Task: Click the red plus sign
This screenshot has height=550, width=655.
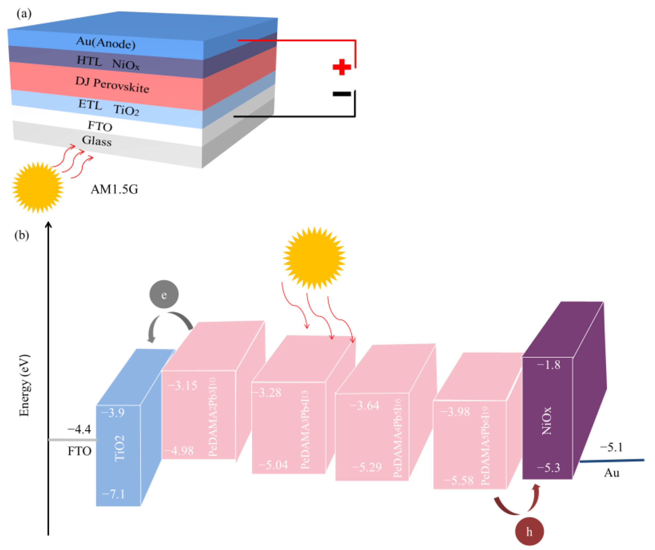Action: click(342, 67)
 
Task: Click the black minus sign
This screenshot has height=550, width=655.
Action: click(342, 94)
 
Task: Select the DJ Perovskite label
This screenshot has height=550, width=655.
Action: click(112, 85)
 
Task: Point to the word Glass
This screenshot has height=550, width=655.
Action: click(97, 141)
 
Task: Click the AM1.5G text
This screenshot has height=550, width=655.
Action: click(114, 189)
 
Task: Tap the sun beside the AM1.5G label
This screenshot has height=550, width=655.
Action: click(38, 187)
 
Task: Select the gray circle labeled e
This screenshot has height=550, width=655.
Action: click(164, 294)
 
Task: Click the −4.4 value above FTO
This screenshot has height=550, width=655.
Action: click(79, 429)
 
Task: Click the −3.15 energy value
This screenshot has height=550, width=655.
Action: click(183, 385)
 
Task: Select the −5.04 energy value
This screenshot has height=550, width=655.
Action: click(273, 465)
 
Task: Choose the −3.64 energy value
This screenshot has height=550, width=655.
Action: click(364, 405)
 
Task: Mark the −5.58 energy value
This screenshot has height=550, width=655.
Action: click(458, 480)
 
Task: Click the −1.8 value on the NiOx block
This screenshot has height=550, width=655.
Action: click(548, 364)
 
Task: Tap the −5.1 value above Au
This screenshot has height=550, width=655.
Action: click(611, 447)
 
